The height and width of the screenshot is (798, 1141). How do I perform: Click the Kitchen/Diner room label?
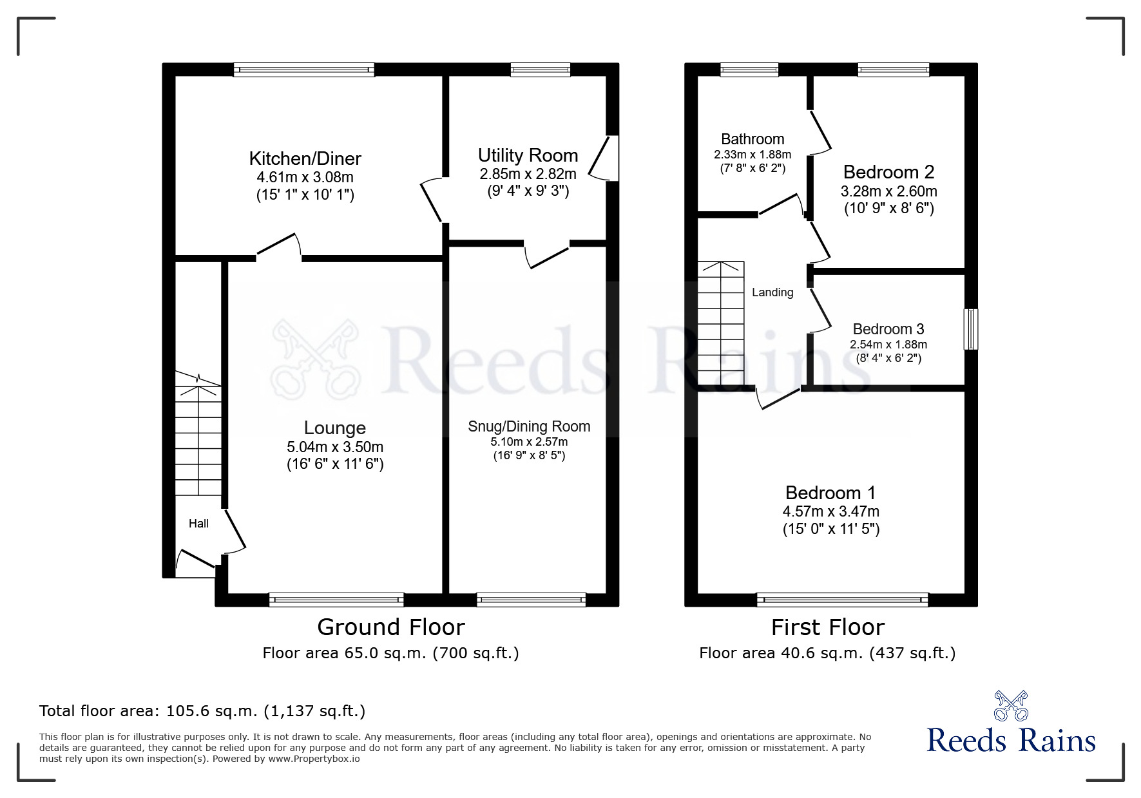click(x=305, y=158)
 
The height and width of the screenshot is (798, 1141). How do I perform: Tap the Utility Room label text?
click(x=528, y=155)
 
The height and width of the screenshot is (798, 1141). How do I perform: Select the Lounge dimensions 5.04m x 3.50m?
click(x=335, y=446)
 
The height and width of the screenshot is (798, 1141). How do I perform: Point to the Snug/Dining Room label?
click(x=529, y=426)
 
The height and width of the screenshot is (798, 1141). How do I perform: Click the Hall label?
click(x=198, y=524)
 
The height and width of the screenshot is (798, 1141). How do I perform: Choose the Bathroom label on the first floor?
click(x=753, y=139)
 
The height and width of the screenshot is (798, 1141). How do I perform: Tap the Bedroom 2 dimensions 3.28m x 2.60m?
click(x=888, y=191)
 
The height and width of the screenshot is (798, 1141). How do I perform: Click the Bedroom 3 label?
click(x=888, y=329)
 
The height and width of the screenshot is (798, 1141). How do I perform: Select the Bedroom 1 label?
click(x=830, y=493)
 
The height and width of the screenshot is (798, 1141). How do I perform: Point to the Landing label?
click(x=772, y=292)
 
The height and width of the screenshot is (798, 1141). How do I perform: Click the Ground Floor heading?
click(x=390, y=627)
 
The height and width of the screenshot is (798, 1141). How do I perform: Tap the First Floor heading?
click(x=828, y=627)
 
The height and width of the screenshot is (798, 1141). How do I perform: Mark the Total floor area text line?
click(x=202, y=711)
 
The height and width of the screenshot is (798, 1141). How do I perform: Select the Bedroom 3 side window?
click(x=971, y=329)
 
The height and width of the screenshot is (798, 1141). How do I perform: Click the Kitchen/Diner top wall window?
click(x=303, y=70)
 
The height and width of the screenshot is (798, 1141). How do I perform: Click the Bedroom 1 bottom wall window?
click(x=843, y=600)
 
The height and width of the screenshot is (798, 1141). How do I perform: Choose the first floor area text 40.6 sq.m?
click(x=827, y=653)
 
